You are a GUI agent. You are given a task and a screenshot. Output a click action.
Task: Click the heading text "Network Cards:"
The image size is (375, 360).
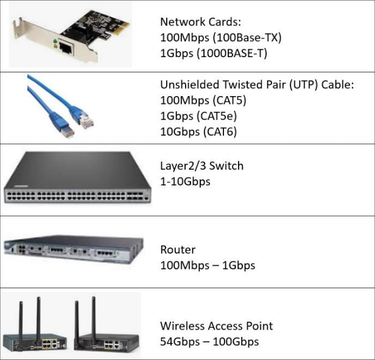(x=195, y=22)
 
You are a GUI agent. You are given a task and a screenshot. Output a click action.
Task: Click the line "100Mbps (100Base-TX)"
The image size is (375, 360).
(x=220, y=37)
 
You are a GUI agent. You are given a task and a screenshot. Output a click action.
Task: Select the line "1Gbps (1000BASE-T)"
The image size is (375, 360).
(x=214, y=53)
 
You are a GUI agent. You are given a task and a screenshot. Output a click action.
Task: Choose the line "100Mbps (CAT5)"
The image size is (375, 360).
(x=203, y=100)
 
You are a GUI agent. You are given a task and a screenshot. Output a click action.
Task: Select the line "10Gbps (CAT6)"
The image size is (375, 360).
(x=198, y=131)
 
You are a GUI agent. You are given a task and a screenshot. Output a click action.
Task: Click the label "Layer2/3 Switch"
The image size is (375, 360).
(x=202, y=165)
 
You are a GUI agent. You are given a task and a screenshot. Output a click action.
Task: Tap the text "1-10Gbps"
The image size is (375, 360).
(x=185, y=181)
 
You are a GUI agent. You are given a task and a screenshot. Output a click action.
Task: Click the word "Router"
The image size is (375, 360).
(x=177, y=250)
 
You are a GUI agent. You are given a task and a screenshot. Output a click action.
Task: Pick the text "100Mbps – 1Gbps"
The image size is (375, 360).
(x=207, y=266)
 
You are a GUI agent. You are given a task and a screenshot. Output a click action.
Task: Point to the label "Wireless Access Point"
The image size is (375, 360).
(x=216, y=326)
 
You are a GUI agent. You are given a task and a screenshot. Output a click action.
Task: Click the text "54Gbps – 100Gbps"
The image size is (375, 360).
(x=209, y=341)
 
